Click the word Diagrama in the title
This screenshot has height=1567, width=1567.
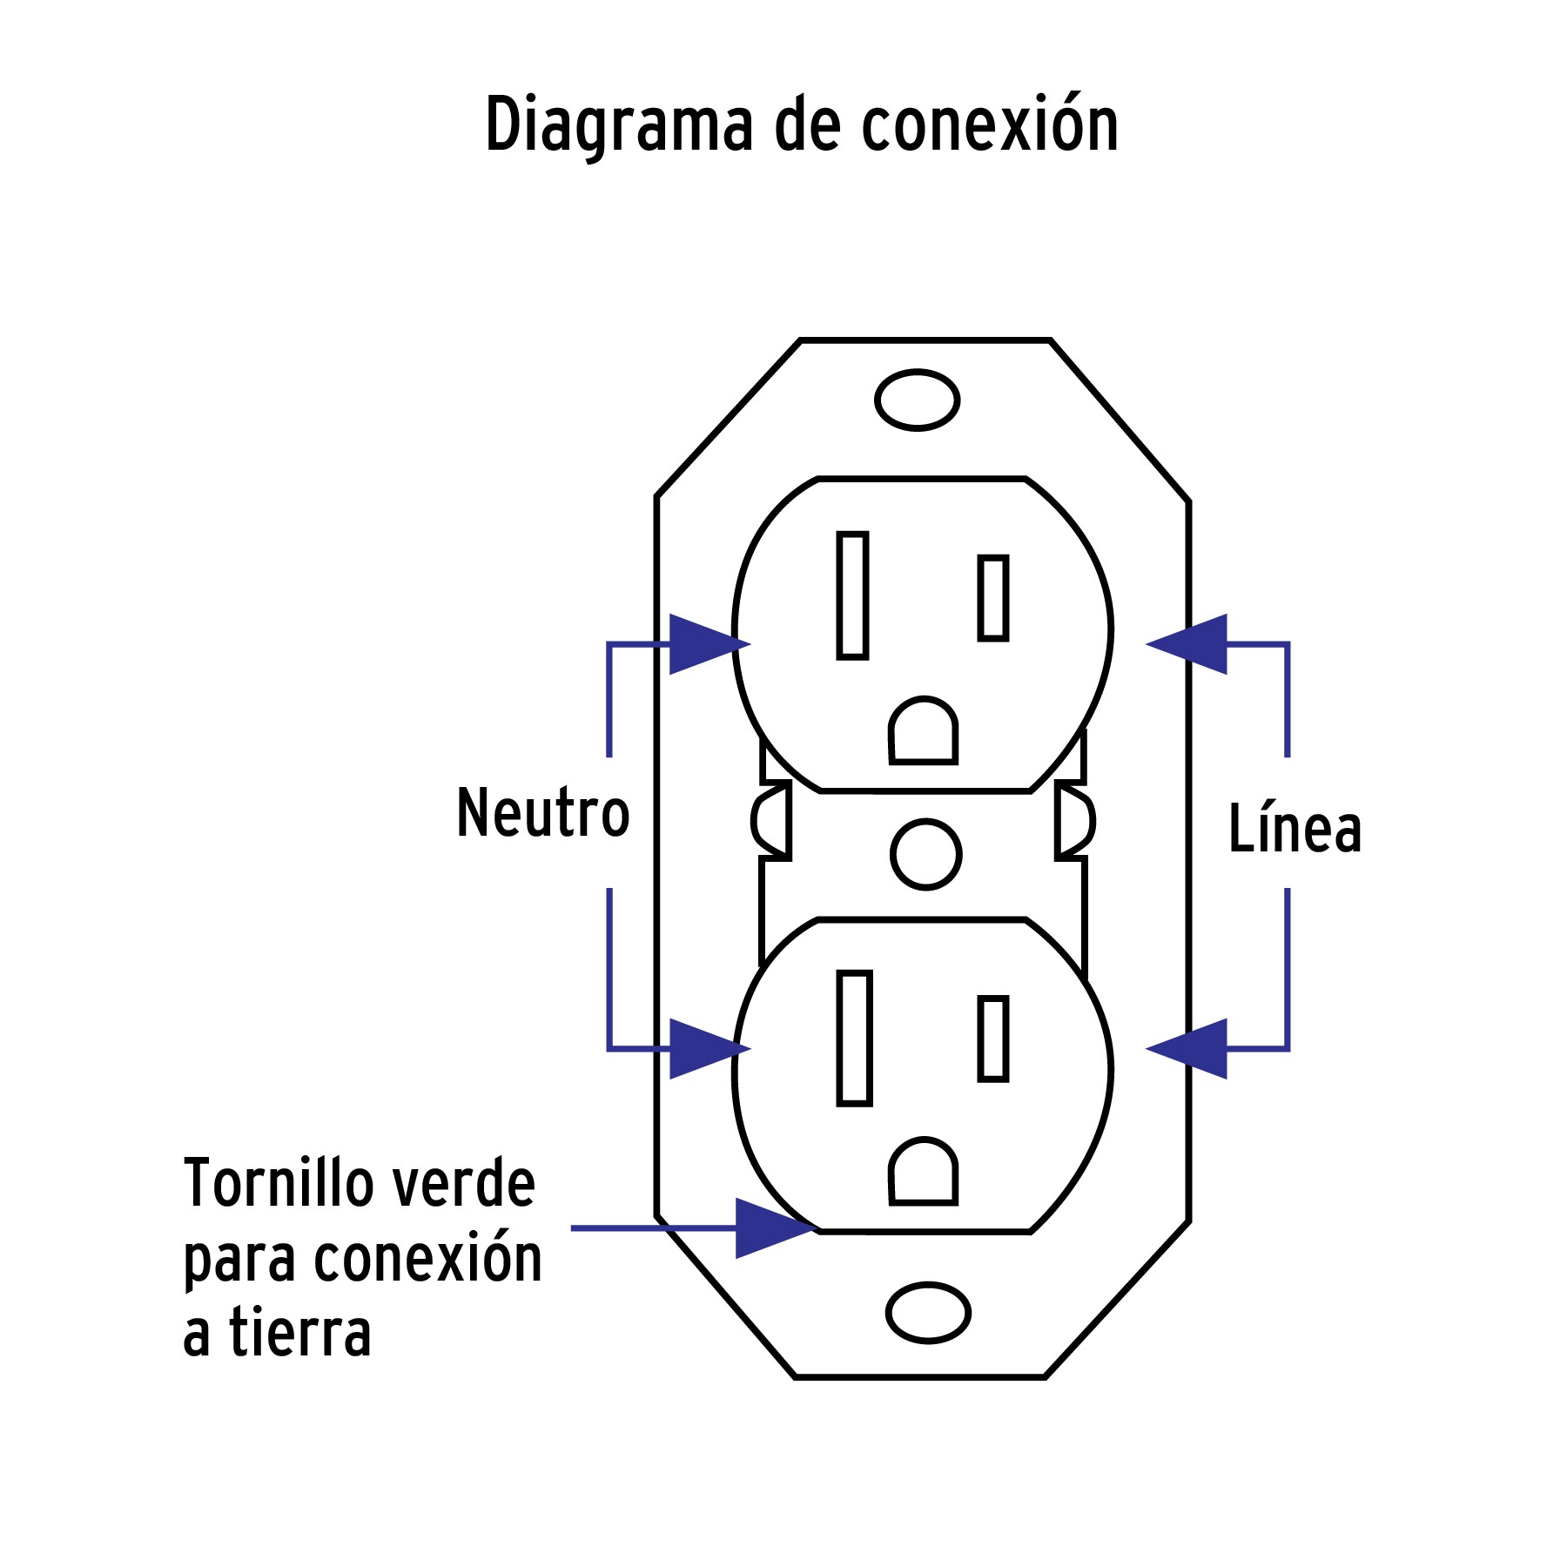619,126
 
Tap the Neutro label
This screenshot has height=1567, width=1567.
542,813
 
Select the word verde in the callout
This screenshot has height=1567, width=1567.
463,1184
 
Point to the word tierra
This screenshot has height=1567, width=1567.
300,1334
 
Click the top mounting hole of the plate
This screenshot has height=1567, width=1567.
917,400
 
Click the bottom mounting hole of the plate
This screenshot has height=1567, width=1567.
928,1313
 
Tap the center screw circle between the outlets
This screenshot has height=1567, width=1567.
926,854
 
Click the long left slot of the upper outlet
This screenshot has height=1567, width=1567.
852,595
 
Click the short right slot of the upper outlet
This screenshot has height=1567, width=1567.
992,598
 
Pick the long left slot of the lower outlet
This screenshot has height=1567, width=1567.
854,1039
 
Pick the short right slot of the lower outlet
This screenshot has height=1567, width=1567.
992,1039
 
